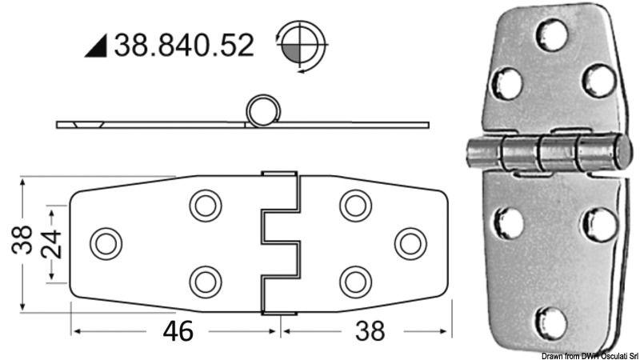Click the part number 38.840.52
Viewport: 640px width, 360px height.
pos(183,45)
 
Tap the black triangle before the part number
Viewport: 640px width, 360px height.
pos(97,47)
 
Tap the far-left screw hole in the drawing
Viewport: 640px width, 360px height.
pos(106,243)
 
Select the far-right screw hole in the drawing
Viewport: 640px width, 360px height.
pos(411,243)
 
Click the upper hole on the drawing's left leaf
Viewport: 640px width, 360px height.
pos(206,206)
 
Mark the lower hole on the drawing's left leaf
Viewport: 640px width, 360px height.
pos(206,281)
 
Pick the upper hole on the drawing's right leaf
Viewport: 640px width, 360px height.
pos(355,206)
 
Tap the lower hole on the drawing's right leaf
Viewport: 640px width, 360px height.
pos(355,281)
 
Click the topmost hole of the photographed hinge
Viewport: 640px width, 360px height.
pos(551,34)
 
